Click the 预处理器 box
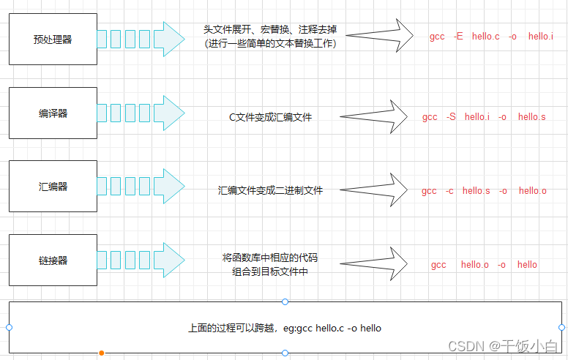(x=53, y=40)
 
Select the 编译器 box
(x=53, y=113)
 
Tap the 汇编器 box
(x=53, y=187)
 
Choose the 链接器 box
(x=53, y=260)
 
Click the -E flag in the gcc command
(x=458, y=36)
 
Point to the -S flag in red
(x=451, y=117)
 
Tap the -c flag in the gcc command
(x=449, y=191)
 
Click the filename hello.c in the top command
(x=486, y=36)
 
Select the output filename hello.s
(x=532, y=117)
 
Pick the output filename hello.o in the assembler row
(x=533, y=191)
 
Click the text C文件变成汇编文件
(x=270, y=117)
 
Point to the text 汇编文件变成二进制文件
(x=270, y=190)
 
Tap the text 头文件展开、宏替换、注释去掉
(x=270, y=31)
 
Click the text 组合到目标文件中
(x=270, y=271)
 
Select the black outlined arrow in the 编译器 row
(x=374, y=116)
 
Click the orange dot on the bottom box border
(x=101, y=353)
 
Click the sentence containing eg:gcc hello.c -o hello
(x=285, y=328)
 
